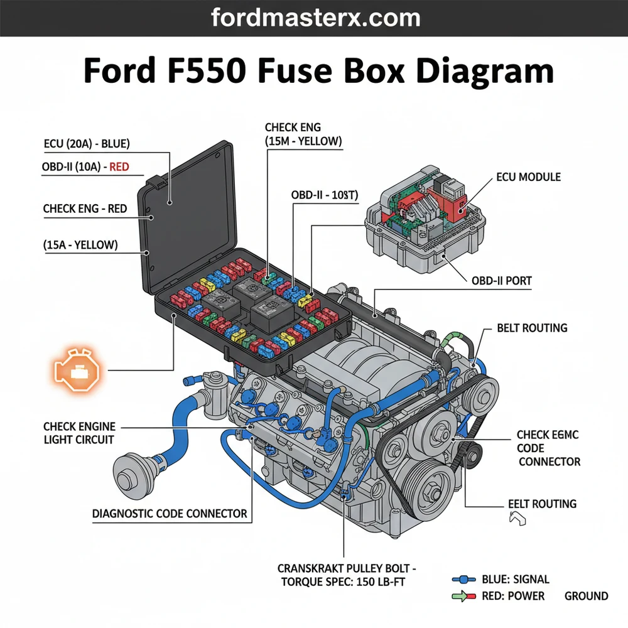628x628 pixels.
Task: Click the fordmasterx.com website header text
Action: pyautogui.click(x=313, y=18)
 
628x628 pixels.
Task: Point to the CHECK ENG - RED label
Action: pyautogui.click(x=85, y=208)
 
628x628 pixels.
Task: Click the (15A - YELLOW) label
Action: pyautogui.click(x=81, y=245)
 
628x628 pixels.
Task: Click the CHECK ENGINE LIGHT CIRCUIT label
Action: pyautogui.click(x=79, y=433)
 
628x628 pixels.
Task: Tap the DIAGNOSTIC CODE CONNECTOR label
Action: pyautogui.click(x=170, y=514)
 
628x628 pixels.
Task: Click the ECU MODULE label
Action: pyautogui.click(x=527, y=177)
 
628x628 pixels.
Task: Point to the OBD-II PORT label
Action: pyautogui.click(x=501, y=281)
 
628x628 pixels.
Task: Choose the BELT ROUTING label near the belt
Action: pyautogui.click(x=532, y=328)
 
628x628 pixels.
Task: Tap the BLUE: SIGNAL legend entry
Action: pyautogui.click(x=515, y=579)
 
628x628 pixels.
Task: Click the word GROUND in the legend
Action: pyautogui.click(x=586, y=595)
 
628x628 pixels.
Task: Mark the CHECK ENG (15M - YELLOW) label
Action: pyautogui.click(x=303, y=134)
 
